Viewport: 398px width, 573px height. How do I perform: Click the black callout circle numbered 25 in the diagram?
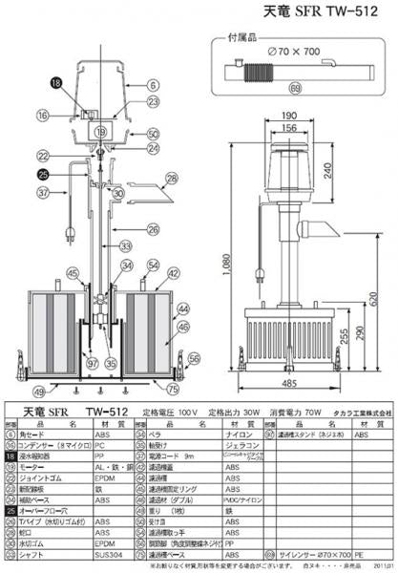pyautogui.click(x=43, y=174)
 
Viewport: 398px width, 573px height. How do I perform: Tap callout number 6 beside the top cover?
pyautogui.click(x=153, y=84)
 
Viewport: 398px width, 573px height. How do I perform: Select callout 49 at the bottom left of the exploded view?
pyautogui.click(x=38, y=392)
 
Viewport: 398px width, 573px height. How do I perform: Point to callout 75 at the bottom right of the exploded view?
pyautogui.click(x=171, y=390)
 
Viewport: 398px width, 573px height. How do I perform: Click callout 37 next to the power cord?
pyautogui.click(x=43, y=192)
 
